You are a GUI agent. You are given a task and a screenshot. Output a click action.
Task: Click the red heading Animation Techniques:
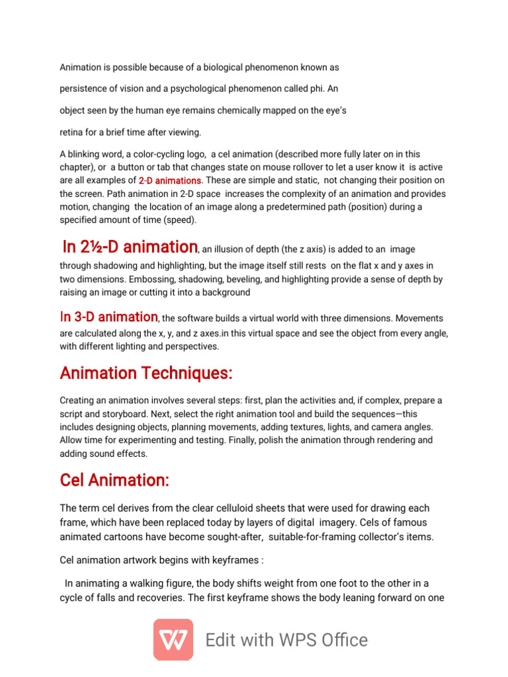pos(146,374)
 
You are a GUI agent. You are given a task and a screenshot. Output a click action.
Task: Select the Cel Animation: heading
pos(114,480)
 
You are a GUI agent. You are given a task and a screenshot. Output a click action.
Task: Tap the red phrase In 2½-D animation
pos(130,247)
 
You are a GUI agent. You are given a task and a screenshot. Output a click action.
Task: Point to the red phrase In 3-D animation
pos(109,317)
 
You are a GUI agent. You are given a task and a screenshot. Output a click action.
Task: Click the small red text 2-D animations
pos(170,180)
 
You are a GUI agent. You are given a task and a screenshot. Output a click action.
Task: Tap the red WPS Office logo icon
pos(173,639)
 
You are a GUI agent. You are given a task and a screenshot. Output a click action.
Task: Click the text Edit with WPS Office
pos(286,640)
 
